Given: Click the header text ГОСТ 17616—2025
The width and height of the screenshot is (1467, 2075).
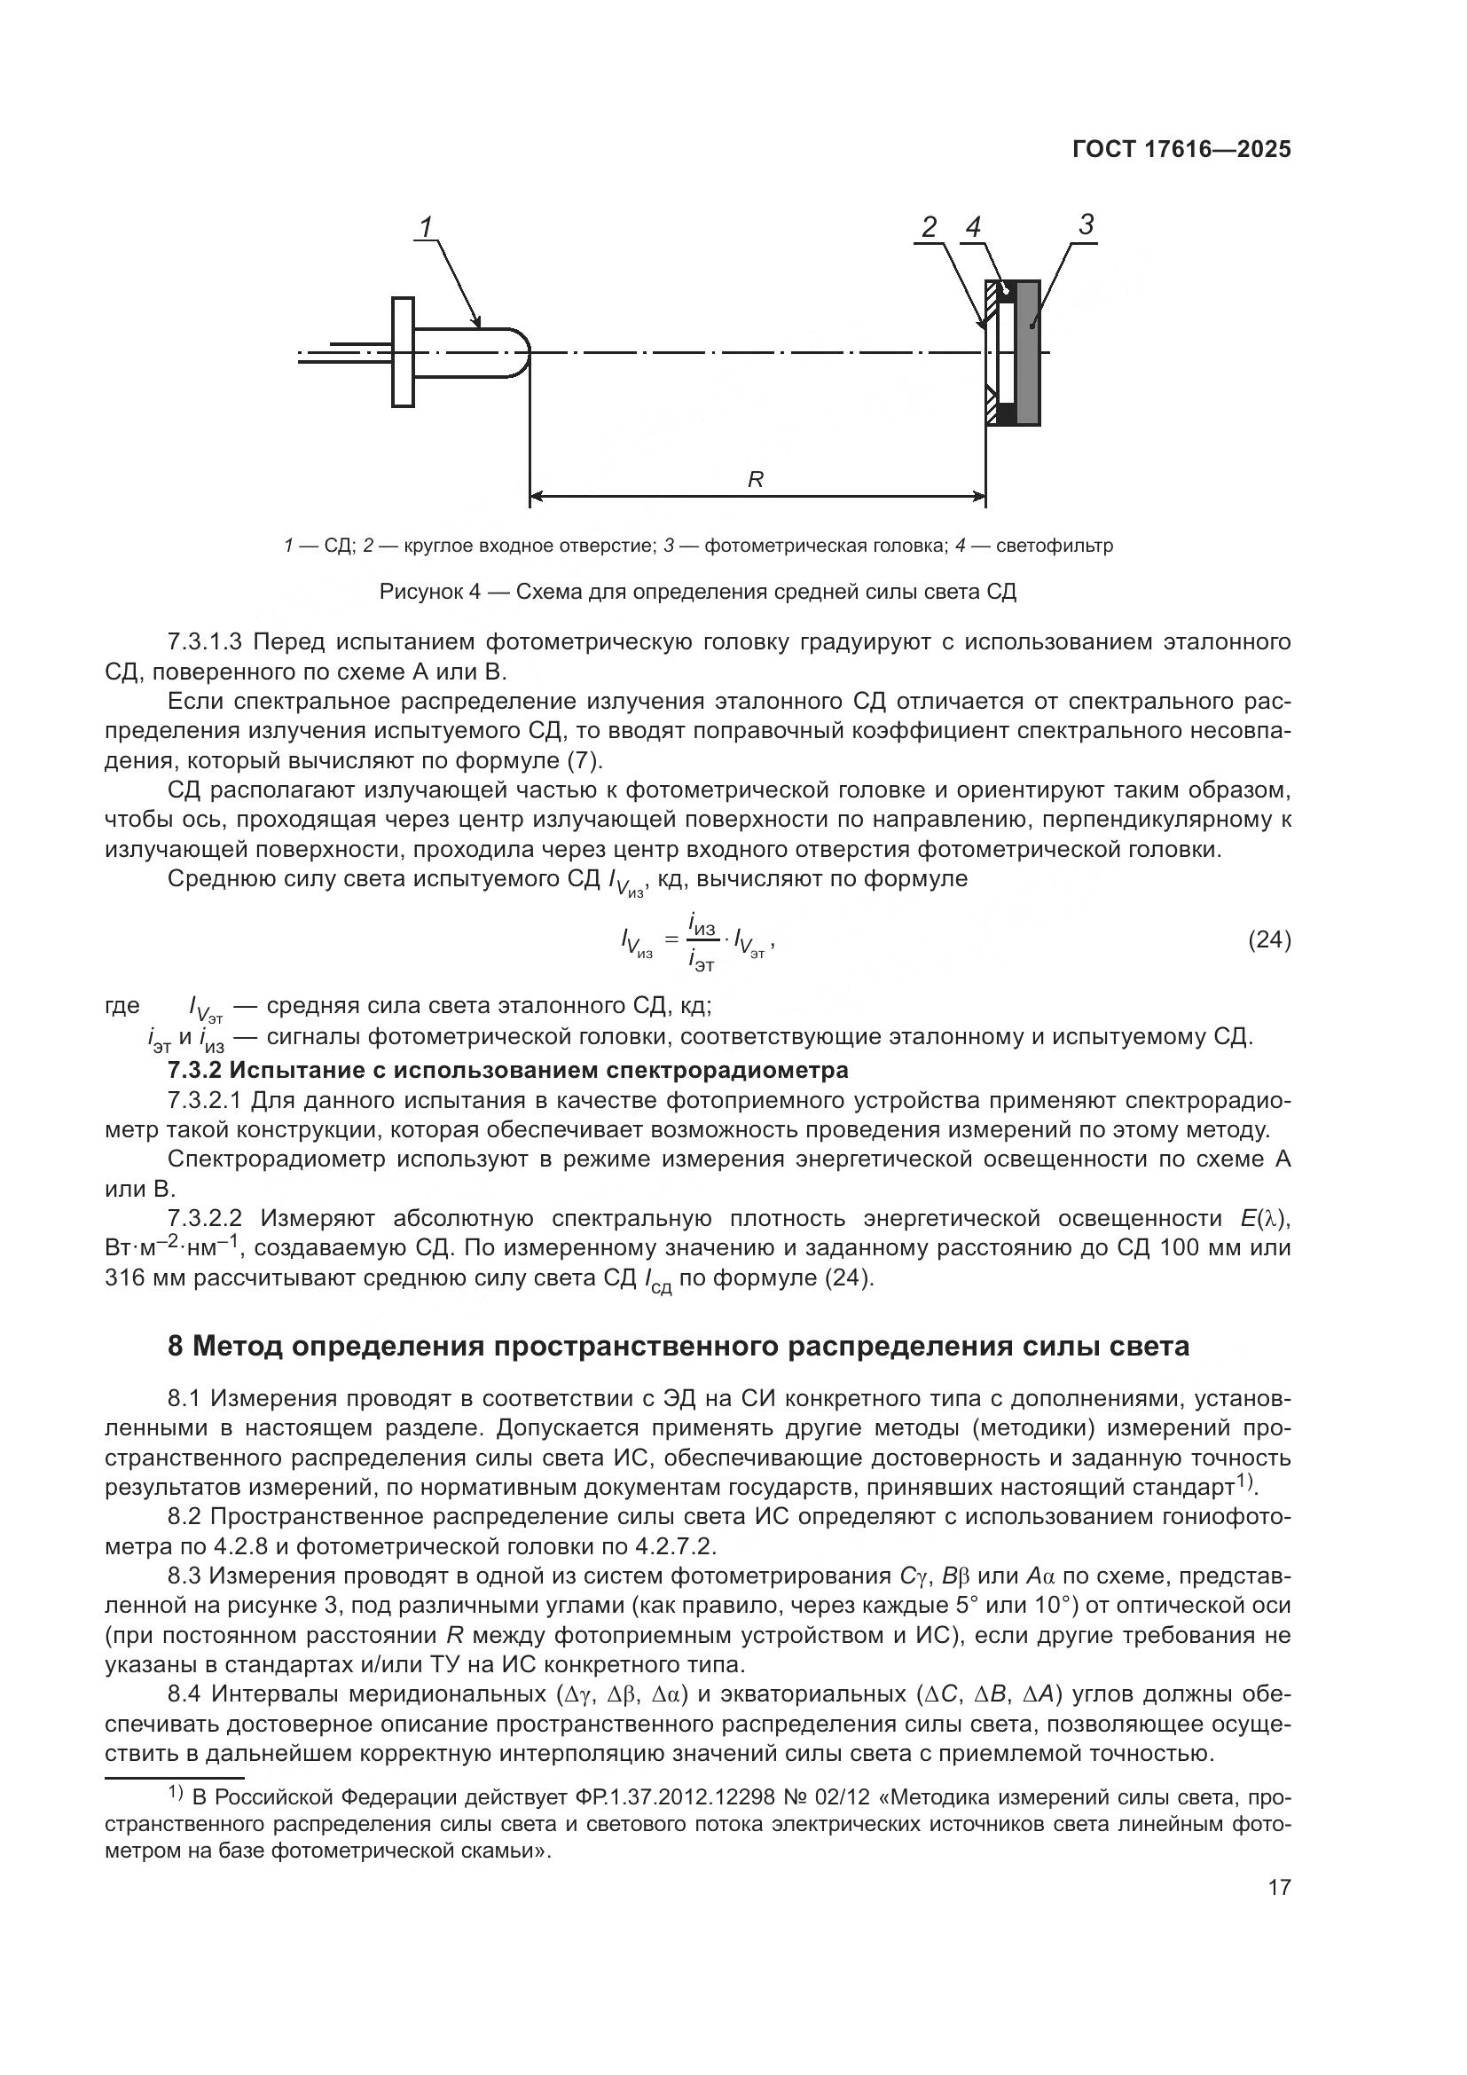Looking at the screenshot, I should click(x=1181, y=150).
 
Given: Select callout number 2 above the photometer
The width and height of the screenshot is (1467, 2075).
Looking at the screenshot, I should click(x=929, y=228).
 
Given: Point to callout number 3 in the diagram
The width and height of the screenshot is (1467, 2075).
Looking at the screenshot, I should click(x=1086, y=224).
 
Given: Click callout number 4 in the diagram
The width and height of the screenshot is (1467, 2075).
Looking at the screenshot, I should click(x=973, y=228).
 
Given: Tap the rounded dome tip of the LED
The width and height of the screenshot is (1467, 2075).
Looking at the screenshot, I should click(x=521, y=351).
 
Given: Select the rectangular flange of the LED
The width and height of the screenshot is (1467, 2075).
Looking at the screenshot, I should click(x=403, y=351).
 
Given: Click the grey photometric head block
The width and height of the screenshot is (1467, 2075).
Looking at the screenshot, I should click(x=1028, y=352).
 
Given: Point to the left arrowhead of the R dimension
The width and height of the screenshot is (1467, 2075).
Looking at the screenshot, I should click(x=535, y=495).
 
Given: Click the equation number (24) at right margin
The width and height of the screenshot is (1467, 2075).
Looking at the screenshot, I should click(x=1269, y=939).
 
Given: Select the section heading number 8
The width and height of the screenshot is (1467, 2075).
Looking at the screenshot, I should click(x=177, y=1347).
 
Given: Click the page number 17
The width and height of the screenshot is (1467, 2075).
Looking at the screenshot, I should click(x=1279, y=1887).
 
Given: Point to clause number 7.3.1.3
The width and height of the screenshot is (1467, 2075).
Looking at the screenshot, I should click(x=205, y=642).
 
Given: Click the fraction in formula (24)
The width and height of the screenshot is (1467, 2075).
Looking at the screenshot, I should click(x=702, y=940).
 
